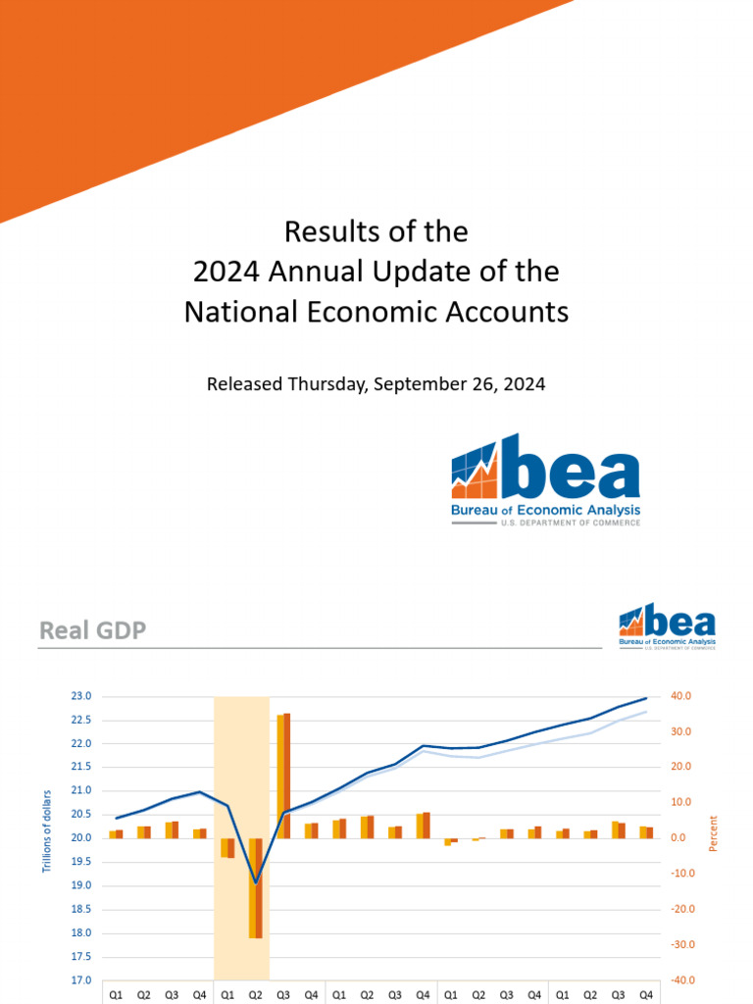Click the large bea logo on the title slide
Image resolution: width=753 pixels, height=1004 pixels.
(x=545, y=479)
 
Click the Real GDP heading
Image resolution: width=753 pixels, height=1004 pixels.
(x=92, y=630)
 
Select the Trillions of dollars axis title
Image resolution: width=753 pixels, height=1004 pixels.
(x=46, y=830)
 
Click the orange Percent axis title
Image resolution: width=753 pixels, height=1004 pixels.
(x=713, y=832)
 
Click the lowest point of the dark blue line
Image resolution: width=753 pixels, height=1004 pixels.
(x=256, y=882)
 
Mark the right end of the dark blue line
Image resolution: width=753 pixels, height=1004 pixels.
(x=646, y=698)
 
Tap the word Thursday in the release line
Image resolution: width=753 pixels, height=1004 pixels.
(x=325, y=384)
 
